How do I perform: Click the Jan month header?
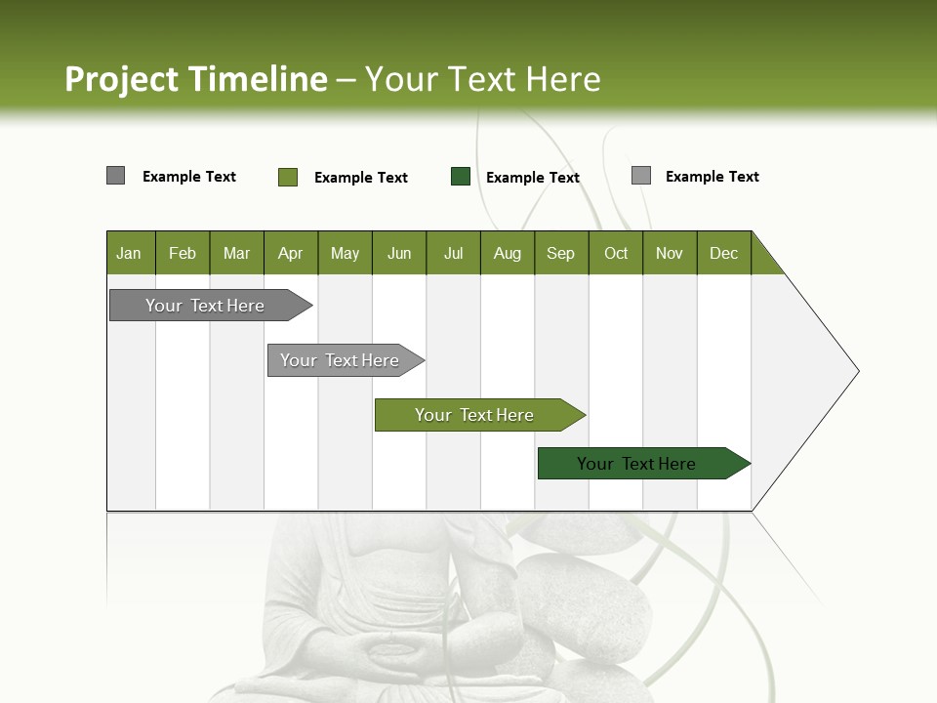click(x=129, y=254)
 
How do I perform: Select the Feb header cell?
click(x=183, y=254)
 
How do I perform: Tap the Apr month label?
click(x=290, y=254)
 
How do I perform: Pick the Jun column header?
click(x=399, y=254)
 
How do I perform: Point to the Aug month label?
click(x=507, y=254)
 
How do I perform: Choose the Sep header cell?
click(x=560, y=254)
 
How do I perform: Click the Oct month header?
click(x=616, y=254)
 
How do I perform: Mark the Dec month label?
click(x=723, y=254)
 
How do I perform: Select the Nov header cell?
click(x=669, y=254)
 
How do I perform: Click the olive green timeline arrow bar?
click(x=474, y=415)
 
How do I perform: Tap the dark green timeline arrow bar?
click(x=636, y=464)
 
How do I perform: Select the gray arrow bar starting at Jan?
click(x=205, y=306)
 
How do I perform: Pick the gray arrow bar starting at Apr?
click(x=340, y=360)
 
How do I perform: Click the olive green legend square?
click(x=288, y=177)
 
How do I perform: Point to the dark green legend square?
click(x=461, y=177)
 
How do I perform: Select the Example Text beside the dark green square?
click(x=532, y=178)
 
